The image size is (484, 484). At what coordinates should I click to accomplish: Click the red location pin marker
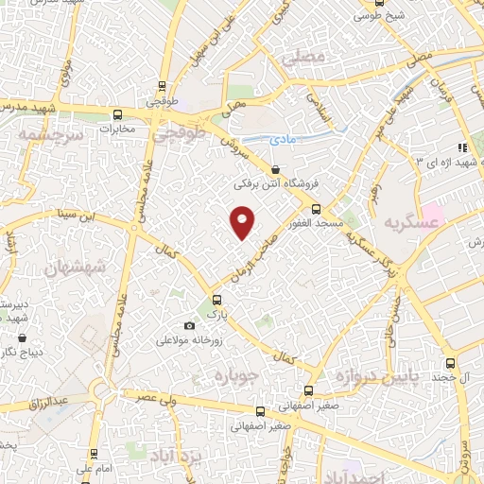coord(244,222)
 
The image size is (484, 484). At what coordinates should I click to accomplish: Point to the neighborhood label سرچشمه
coord(51,135)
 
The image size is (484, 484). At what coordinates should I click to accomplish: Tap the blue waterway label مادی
coord(283,138)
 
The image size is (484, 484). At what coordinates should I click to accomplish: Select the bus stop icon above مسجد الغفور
coord(316,209)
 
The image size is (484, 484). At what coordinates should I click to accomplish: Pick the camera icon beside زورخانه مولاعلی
coord(190,326)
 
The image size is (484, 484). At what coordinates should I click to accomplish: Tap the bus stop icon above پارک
coord(216,300)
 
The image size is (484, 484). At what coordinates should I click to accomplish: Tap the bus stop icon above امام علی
coord(95,453)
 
